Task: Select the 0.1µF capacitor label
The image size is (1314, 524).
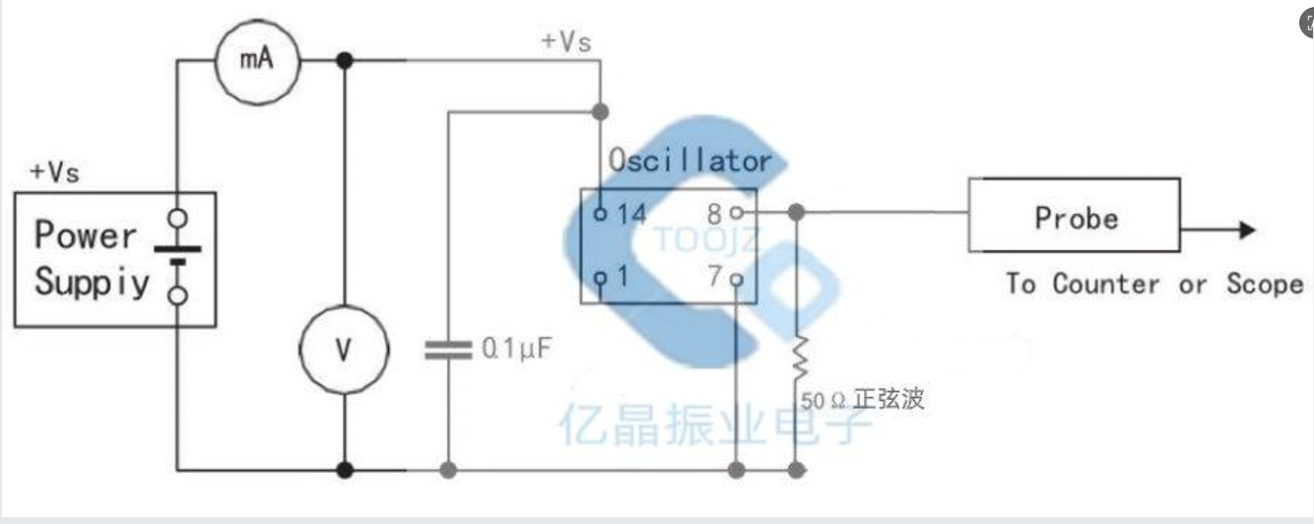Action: coord(517,348)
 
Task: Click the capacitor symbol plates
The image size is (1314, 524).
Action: coord(448,351)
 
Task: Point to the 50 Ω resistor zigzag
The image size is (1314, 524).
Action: coord(799,358)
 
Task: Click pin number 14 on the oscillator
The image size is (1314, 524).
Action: coord(631,214)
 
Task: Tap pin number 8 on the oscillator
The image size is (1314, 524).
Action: coord(714,214)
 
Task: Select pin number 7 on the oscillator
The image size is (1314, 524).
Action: coord(714,277)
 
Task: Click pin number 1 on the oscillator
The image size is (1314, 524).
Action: coord(623,276)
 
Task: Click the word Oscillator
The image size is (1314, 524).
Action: coord(690,161)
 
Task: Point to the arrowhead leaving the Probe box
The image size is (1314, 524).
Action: coord(1248,229)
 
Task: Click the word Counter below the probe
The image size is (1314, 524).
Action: coord(1106,284)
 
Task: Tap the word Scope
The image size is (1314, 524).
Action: coord(1265,284)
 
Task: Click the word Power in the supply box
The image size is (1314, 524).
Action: coord(86,234)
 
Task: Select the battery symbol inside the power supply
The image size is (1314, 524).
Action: coord(177,256)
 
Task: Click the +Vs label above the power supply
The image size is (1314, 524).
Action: coord(54,172)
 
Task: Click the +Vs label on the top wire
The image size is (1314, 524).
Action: coord(566,41)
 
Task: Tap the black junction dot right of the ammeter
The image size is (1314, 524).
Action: coord(345,60)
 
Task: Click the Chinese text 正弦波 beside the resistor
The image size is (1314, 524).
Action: coord(889,399)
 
